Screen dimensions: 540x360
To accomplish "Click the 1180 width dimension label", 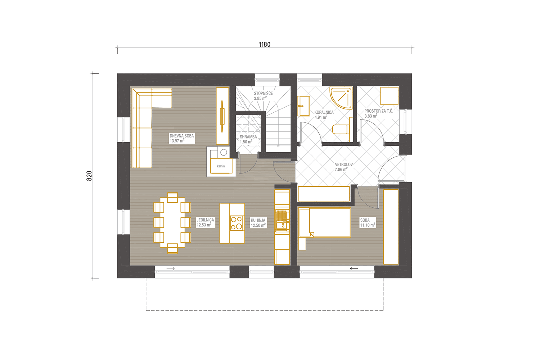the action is coord(265,45).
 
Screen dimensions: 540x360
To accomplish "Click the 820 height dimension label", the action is coord(89,176).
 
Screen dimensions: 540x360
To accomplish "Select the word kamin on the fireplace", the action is coord(221,166).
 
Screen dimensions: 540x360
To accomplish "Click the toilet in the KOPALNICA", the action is coord(341,129).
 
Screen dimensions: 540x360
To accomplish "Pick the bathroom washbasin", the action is coord(303,106).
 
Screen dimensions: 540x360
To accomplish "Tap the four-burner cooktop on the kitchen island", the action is coord(237,223).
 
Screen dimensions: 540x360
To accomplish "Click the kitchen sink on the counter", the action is coord(282,220).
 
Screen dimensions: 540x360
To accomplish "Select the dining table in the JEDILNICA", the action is coord(172,223).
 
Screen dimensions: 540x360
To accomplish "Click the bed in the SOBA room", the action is coord(325,222).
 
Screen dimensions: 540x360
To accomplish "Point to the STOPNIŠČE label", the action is coord(263,94).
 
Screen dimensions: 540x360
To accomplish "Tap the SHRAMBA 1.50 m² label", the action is coord(248,139).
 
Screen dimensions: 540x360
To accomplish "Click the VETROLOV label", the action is coord(344,165).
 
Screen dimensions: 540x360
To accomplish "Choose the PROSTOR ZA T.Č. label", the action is coord(379,111).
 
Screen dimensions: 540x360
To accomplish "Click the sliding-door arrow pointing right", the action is coord(170,269).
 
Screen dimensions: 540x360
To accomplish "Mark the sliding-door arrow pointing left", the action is coord(354,269).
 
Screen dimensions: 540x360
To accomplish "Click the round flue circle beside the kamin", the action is coord(224,152).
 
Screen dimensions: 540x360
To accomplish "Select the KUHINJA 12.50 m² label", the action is coord(258,223).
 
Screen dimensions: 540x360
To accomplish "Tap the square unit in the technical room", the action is coord(389,96).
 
